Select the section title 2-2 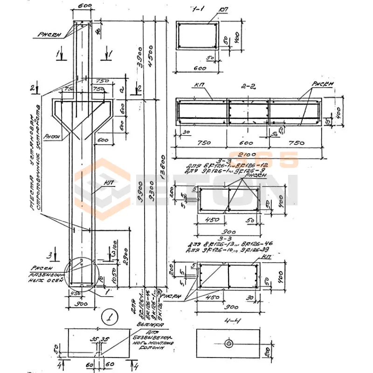(x=247, y=86)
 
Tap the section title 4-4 (x=227, y=322)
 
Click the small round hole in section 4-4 (x=228, y=343)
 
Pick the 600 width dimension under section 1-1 (x=198, y=68)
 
